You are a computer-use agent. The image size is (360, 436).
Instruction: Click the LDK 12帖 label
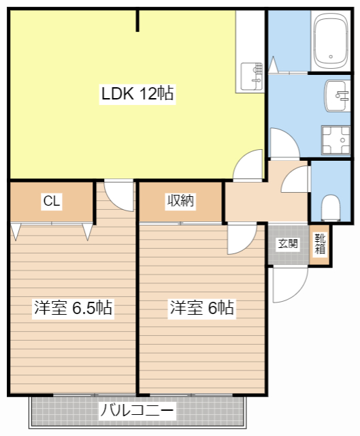pyautogui.click(x=138, y=94)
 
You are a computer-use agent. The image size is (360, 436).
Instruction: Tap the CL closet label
pyautogui.click(x=52, y=201)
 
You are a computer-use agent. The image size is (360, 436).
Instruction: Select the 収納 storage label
pyautogui.click(x=181, y=201)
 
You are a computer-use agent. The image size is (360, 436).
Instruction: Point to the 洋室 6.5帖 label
pyautogui.click(x=73, y=308)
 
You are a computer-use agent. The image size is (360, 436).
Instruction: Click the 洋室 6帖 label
pyautogui.click(x=202, y=308)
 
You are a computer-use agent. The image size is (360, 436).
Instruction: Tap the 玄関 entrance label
pyautogui.click(x=287, y=244)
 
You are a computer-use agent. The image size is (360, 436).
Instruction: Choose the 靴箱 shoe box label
pyautogui.click(x=320, y=244)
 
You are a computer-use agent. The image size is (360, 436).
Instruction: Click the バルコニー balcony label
pyautogui.click(x=138, y=411)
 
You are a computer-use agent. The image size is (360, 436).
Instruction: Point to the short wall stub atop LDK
pyautogui.click(x=138, y=20)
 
